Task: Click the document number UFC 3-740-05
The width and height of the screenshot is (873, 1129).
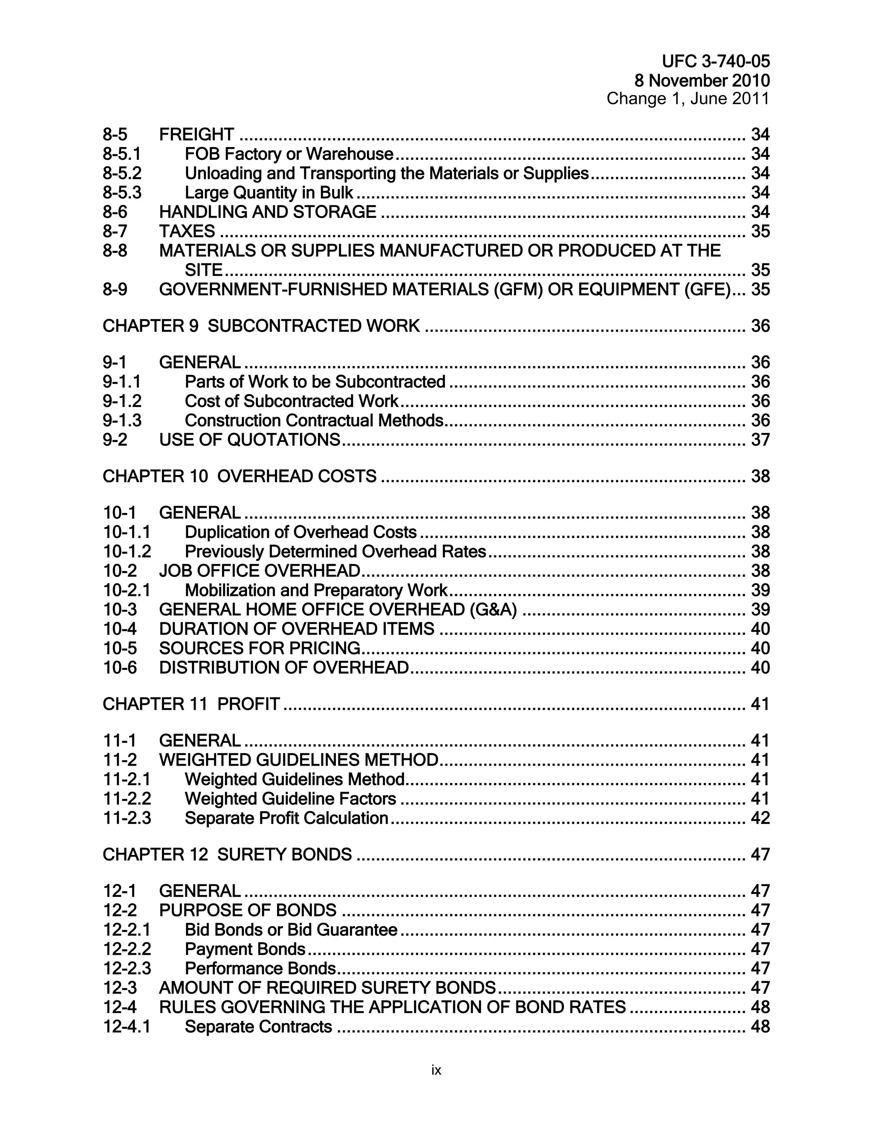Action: tap(715, 61)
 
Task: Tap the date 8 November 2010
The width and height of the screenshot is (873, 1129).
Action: tap(702, 81)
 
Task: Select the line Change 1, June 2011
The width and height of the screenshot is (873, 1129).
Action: tap(688, 99)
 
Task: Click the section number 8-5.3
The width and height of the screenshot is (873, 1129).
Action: tap(121, 193)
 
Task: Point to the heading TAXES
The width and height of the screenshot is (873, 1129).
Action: tap(187, 231)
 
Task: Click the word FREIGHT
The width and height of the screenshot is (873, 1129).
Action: tap(197, 134)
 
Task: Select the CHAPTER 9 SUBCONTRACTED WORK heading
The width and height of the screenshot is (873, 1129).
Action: tap(261, 325)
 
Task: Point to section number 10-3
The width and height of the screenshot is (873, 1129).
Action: tap(120, 610)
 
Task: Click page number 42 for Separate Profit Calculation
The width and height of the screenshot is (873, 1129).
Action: tap(760, 818)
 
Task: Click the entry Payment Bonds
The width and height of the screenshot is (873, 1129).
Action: tap(245, 949)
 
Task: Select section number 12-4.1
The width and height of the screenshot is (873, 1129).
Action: tap(127, 1027)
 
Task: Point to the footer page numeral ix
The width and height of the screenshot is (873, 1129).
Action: tap(436, 1070)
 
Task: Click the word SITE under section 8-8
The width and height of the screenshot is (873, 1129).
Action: tap(203, 270)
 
